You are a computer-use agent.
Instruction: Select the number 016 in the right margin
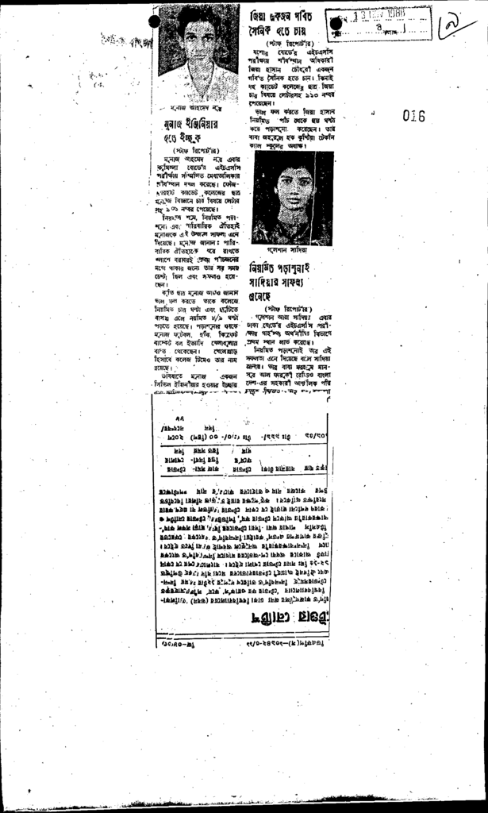tap(413, 116)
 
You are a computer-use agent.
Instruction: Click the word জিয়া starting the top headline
tap(259, 16)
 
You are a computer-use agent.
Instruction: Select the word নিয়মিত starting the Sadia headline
tap(263, 268)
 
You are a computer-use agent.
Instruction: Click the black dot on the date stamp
tap(336, 24)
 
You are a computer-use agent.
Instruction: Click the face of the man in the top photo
tap(199, 37)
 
